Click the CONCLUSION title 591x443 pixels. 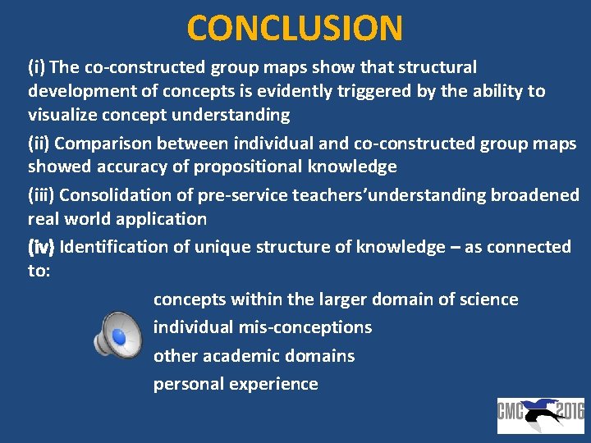pos(295,28)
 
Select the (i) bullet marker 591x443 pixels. pos(37,67)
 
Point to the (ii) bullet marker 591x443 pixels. pos(39,143)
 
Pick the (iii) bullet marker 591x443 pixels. pos(42,195)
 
